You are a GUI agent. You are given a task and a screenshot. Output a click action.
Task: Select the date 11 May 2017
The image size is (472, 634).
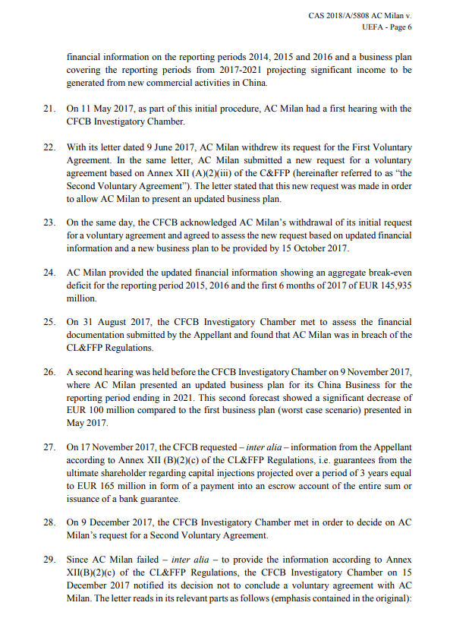point(103,109)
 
